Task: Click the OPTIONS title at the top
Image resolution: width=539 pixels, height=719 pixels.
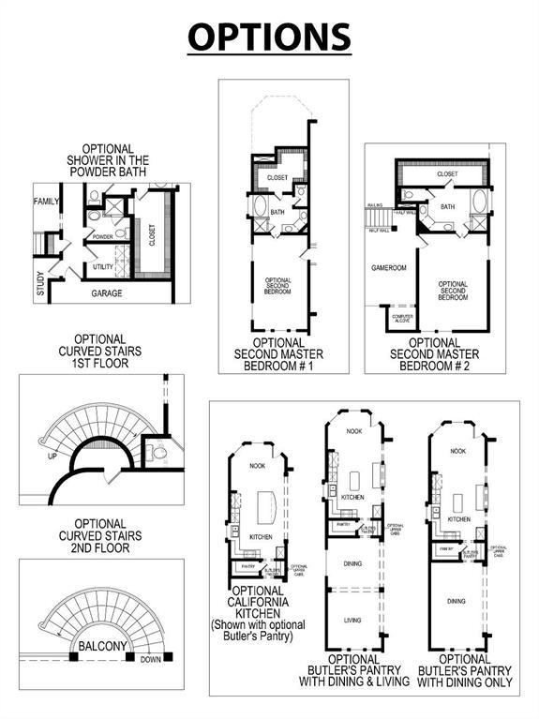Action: click(269, 37)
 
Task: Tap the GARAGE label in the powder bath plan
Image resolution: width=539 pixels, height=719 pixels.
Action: click(107, 293)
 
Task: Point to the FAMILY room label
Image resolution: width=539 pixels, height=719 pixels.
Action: click(46, 202)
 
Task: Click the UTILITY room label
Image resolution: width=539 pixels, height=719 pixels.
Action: click(103, 267)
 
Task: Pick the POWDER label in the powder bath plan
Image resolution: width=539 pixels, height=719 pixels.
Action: click(102, 237)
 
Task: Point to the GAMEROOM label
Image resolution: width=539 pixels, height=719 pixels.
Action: click(388, 267)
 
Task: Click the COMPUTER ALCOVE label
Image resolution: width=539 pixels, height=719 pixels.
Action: click(402, 319)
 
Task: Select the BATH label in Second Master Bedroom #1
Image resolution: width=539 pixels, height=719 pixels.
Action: click(277, 212)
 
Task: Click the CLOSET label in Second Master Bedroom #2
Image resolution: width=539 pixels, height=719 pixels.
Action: click(447, 173)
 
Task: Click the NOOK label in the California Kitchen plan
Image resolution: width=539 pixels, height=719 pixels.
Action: click(256, 465)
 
